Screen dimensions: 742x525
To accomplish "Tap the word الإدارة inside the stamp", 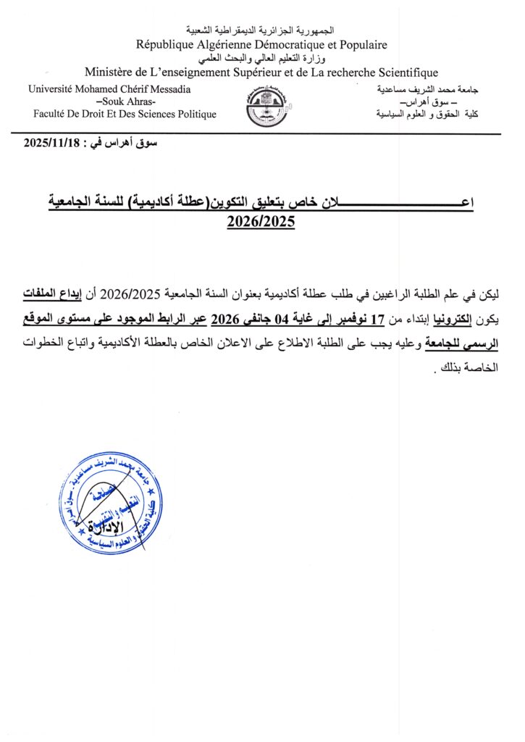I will point(103,525).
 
